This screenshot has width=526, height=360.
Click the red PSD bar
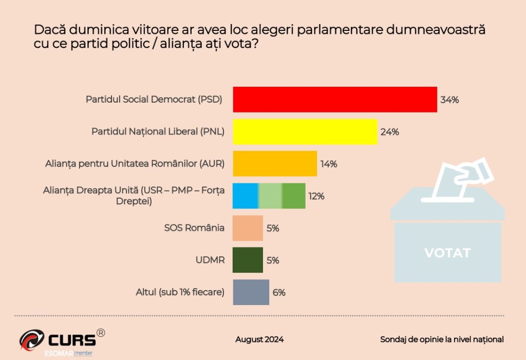click(x=335, y=99)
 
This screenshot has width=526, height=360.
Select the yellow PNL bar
click(x=305, y=131)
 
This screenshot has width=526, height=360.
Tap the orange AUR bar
click(x=275, y=164)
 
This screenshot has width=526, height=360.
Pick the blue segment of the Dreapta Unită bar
click(x=246, y=196)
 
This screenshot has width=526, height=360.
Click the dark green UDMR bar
click(x=248, y=260)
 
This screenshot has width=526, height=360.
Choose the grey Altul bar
click(x=251, y=292)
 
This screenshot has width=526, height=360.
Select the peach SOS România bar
click(x=248, y=228)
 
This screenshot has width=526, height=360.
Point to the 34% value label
click(x=449, y=100)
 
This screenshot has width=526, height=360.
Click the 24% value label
click(x=390, y=131)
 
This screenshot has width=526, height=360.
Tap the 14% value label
click(x=329, y=164)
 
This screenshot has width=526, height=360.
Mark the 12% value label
click(x=316, y=196)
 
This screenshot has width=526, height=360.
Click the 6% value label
click(x=279, y=293)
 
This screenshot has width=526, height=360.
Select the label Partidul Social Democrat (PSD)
click(x=154, y=100)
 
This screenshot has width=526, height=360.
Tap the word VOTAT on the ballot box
click(x=447, y=253)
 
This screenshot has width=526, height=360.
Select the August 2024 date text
click(x=259, y=339)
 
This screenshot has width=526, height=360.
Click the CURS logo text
click(x=72, y=339)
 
